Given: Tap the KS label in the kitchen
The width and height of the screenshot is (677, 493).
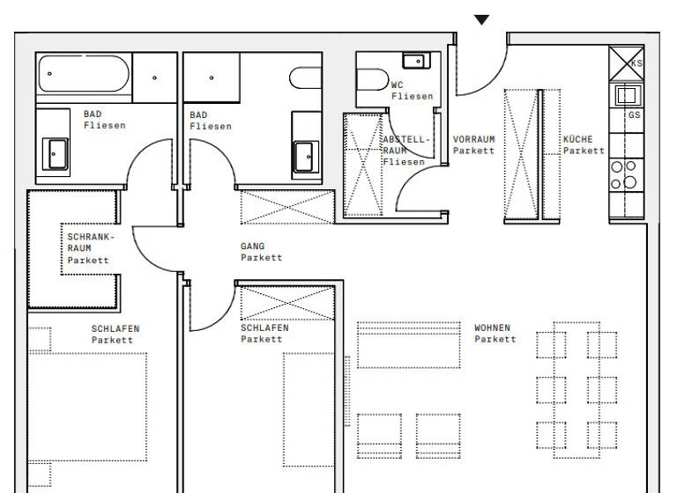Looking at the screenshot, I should [x=636, y=63].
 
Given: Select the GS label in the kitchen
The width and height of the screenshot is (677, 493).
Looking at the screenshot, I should [x=635, y=115].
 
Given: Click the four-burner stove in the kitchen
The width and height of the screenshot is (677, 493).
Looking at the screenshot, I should [x=624, y=175].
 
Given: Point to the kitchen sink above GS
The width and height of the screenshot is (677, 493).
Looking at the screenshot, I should [x=626, y=94].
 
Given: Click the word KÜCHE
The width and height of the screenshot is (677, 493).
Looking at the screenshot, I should [x=578, y=139].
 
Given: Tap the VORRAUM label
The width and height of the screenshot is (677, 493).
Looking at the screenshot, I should [x=473, y=139].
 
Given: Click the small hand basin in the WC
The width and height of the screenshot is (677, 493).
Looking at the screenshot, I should [x=413, y=61].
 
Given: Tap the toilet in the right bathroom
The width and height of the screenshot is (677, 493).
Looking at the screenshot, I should [x=306, y=78].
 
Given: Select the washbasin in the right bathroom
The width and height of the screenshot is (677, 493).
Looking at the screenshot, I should [x=306, y=157].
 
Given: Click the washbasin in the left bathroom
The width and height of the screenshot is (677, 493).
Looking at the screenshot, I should [x=55, y=153].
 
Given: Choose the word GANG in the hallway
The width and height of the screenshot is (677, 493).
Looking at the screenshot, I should [x=252, y=246].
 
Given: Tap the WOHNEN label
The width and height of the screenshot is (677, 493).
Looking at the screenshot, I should [x=492, y=327].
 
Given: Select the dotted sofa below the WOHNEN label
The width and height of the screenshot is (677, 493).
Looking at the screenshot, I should [x=409, y=345].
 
